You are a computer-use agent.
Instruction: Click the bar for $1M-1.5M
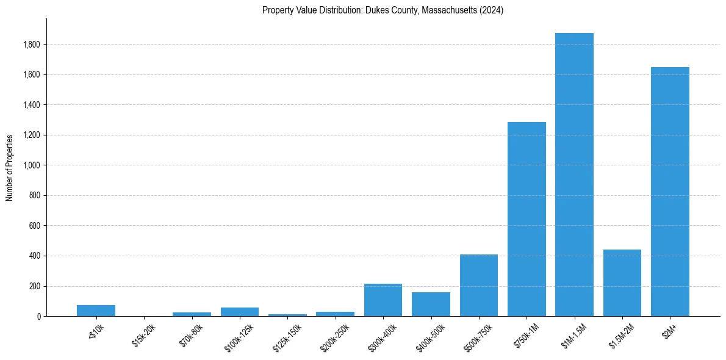point(574,175)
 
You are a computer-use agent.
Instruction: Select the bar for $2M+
point(670,192)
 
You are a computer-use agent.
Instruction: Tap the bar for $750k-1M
point(527,219)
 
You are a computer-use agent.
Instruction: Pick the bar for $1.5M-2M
point(622,283)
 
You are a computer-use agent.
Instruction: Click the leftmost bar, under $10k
point(96,311)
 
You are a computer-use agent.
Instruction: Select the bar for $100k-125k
point(240,312)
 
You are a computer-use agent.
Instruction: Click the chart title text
point(383,10)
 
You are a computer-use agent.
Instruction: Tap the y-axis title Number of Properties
point(10,168)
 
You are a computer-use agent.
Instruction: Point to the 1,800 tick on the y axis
point(31,45)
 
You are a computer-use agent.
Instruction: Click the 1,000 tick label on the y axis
point(31,165)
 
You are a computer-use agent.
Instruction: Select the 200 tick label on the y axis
point(34,286)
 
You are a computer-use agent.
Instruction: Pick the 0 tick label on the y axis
point(38,317)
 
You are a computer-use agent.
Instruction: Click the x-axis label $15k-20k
point(143,335)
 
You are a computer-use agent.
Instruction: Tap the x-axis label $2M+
point(668,331)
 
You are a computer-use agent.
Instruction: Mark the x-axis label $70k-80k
point(191,335)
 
